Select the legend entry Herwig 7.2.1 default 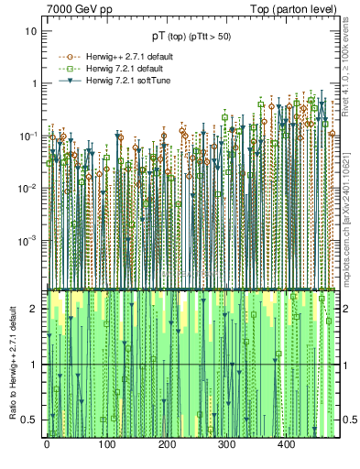pyautogui.click(x=116, y=68)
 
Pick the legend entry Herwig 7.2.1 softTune pyautogui.click(x=119, y=82)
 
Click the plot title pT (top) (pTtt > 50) pyautogui.click(x=191, y=36)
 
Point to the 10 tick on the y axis pyautogui.click(x=29, y=30)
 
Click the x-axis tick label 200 pyautogui.click(x=167, y=444)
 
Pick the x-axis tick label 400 pyautogui.click(x=286, y=444)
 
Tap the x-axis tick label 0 pyautogui.click(x=47, y=444)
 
